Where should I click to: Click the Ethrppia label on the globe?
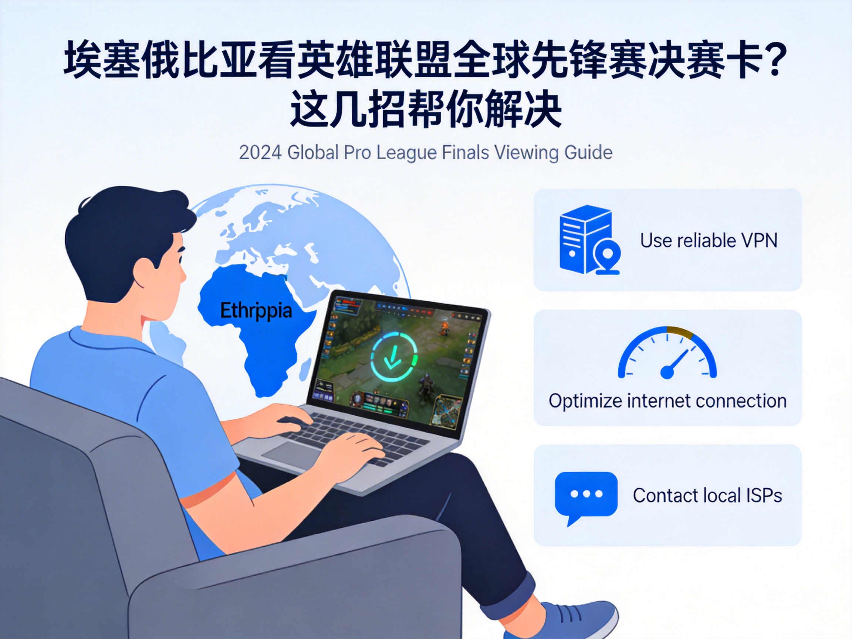[x=256, y=311]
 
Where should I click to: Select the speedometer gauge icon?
[x=667, y=352]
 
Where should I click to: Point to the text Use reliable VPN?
[x=709, y=241]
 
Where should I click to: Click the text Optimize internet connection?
[x=667, y=401]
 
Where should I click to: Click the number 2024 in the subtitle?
[x=260, y=152]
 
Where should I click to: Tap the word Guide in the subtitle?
[x=588, y=152]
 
